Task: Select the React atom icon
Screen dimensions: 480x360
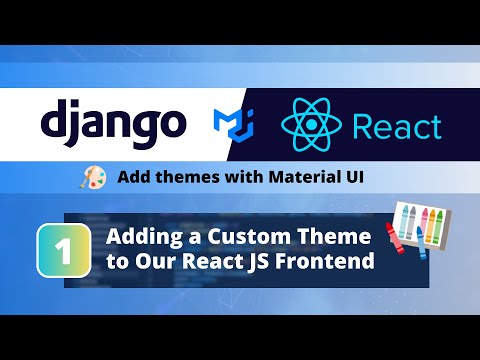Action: pos(312,125)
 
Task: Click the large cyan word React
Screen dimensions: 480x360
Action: pos(397,127)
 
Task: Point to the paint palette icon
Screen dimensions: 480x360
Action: pos(94,177)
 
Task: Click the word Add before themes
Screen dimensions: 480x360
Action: pos(134,177)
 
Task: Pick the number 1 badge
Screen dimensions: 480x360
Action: pos(64,250)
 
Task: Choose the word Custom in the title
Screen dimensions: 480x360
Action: pos(250,237)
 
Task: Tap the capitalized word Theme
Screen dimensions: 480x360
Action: pos(334,236)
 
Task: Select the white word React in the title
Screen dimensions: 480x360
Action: pos(212,261)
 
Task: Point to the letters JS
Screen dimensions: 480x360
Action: pos(258,261)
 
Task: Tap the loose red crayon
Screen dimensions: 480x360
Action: pos(395,238)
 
